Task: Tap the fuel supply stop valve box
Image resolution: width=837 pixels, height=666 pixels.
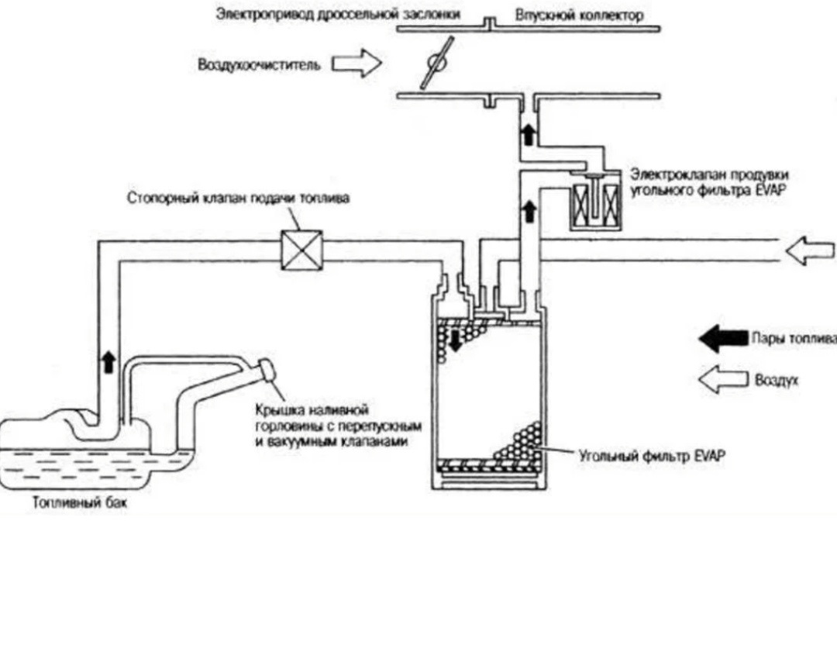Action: tap(300, 250)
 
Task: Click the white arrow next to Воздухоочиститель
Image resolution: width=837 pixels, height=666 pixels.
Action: tap(357, 64)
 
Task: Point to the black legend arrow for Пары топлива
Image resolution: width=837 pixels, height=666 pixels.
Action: tap(722, 339)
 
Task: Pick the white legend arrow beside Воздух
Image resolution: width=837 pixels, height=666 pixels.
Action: tap(722, 380)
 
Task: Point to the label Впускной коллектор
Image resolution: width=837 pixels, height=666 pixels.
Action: tap(579, 15)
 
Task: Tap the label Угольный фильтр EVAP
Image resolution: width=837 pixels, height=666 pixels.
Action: tap(651, 456)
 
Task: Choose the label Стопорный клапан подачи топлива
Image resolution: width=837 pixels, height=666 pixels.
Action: tap(238, 198)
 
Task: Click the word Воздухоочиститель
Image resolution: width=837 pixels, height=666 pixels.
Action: tap(259, 65)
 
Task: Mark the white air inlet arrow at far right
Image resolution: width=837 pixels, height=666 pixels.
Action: tap(811, 250)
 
